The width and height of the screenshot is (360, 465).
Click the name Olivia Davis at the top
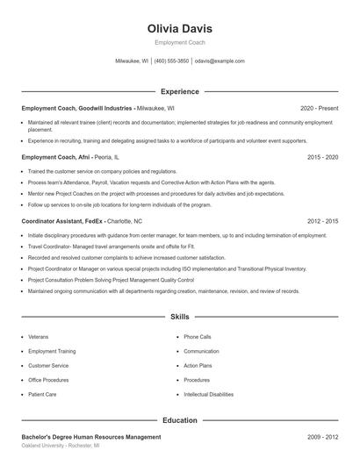[x=180, y=29]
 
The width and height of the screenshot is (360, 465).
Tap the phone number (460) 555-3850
[x=172, y=61]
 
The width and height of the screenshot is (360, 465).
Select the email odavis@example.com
[x=220, y=61]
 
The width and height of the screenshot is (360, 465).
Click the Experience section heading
[x=180, y=91]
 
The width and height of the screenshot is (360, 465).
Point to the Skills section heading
[x=180, y=316]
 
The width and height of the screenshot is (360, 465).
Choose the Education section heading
[x=180, y=420]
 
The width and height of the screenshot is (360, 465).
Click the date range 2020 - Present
[x=319, y=108]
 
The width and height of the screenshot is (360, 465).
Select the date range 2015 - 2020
[x=322, y=157]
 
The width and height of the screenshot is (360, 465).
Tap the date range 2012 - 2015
[x=322, y=222]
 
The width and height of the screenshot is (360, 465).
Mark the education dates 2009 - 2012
[x=322, y=436]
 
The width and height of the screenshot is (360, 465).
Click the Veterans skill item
[x=39, y=337]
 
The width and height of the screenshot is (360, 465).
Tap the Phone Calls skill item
[x=198, y=337]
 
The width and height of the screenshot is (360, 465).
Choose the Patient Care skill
[x=42, y=395]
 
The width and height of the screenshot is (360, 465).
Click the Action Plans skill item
[x=198, y=366]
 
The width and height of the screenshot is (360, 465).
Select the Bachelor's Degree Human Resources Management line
[x=91, y=436]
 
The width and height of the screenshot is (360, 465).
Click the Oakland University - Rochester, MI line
[x=61, y=446]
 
